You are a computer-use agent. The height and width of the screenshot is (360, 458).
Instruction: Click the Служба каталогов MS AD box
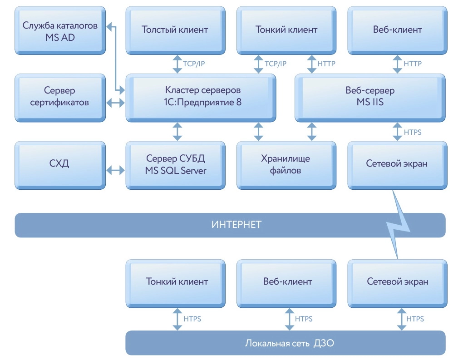coord(60,31)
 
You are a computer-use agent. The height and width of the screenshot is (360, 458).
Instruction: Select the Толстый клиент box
coord(175,30)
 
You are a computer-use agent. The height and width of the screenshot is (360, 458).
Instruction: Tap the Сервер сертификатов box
coord(60,97)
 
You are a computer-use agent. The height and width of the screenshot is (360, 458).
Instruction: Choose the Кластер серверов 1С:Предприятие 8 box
coord(203,97)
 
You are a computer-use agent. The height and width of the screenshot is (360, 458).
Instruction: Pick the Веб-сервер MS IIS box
coord(370,97)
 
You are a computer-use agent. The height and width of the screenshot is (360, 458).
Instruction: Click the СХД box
coord(60,164)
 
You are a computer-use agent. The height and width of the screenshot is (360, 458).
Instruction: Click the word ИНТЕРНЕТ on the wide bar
coord(230,225)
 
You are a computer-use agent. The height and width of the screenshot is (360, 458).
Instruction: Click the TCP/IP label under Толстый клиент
coord(194,64)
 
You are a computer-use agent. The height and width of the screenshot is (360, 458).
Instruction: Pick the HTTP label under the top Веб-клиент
coord(412,64)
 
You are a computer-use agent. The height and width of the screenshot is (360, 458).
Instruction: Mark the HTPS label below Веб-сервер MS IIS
coord(412,132)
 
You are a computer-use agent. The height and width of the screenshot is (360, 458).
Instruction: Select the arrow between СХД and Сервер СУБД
coord(115,171)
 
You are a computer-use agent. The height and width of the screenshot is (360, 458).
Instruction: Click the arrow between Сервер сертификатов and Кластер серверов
coord(115,103)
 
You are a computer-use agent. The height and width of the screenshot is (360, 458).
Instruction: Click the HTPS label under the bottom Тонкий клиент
coord(192,319)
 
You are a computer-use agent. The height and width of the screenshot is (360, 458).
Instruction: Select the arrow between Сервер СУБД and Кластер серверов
coord(177,131)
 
